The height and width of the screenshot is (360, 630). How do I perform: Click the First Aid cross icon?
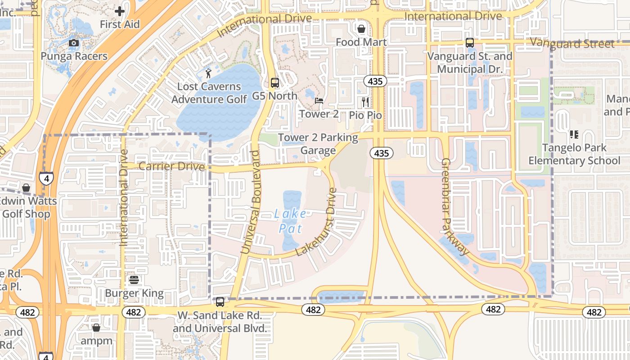coord(120,11)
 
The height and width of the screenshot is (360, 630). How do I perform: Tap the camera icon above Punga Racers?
coord(74,43)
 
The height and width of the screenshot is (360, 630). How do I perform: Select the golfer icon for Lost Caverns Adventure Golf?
coord(208,73)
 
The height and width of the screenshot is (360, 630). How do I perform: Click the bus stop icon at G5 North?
coord(274,83)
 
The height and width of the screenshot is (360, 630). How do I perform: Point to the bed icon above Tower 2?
coord(319,101)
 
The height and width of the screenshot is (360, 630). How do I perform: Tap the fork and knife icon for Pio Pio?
coord(365,102)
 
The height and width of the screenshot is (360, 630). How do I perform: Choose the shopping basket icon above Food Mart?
coord(361,29)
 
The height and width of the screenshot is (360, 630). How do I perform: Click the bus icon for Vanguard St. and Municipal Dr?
coord(469,43)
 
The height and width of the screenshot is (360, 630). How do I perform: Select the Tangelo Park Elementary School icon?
coord(574,135)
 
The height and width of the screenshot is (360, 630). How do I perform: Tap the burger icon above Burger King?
coord(134,280)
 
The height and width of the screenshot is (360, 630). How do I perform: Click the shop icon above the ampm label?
coord(96,328)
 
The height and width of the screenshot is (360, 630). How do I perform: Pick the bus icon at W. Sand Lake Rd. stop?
coord(220,302)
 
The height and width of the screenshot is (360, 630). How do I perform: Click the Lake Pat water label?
coord(290,221)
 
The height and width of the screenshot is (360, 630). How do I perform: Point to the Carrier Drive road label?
coord(171,166)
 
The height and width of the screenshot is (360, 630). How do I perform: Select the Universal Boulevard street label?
coord(250,202)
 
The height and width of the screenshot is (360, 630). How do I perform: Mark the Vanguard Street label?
coord(572,44)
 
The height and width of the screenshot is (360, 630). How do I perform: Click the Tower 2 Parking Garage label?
coord(318,144)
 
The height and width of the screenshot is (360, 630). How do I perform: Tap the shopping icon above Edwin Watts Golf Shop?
coord(26,187)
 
